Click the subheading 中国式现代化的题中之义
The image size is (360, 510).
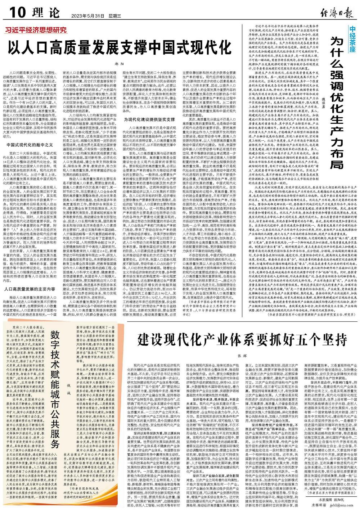(28, 144)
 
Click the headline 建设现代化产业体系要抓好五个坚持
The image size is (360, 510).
(244, 339)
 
